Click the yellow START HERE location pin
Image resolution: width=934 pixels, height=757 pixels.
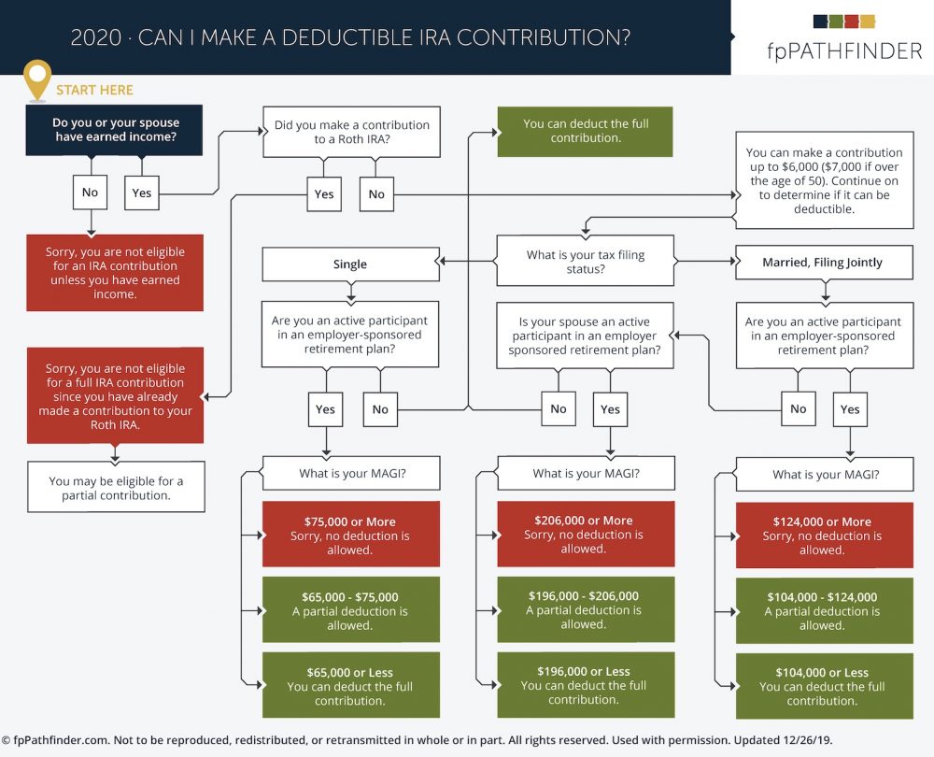point(37,79)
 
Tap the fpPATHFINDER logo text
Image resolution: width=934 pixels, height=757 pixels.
point(844,51)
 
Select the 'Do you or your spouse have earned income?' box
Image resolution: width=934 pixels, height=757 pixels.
point(114,130)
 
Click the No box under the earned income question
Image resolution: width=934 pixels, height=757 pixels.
point(90,192)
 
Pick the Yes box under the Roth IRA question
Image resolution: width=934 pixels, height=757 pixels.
point(324,193)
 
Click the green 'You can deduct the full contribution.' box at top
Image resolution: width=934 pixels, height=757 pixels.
point(585,131)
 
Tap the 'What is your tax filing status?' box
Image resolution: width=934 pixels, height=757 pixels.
point(586,261)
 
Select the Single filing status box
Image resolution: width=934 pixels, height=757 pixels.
point(350,264)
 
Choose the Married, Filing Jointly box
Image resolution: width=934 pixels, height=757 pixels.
point(824,263)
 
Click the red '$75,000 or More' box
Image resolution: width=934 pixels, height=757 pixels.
point(351,534)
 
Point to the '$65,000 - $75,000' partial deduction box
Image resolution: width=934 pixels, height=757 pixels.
point(351,609)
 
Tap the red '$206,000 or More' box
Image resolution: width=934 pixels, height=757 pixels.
point(586,534)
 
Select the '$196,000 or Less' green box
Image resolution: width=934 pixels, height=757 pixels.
point(586,685)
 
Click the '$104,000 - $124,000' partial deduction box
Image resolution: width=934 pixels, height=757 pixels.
point(824,610)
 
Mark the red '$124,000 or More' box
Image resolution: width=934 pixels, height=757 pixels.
point(824,535)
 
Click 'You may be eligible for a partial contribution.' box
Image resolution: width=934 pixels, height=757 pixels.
point(116,487)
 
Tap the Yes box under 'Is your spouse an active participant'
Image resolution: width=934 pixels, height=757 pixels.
point(610,409)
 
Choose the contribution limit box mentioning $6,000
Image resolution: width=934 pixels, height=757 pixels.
point(825,180)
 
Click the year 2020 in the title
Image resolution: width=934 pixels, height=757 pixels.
point(96,37)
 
